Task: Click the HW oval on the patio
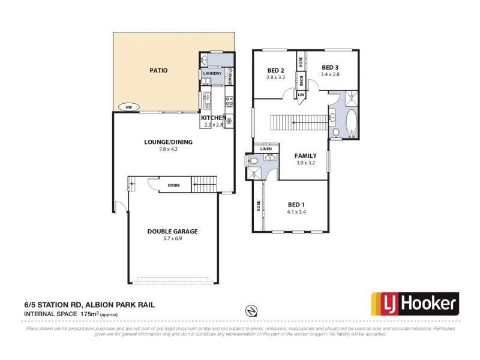[x=128, y=107]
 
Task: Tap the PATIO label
[x=158, y=70]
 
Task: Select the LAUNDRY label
[x=212, y=73]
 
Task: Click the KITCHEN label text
[x=213, y=118]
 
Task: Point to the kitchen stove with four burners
[x=228, y=100]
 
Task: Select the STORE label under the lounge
[x=173, y=185]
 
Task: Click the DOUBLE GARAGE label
[x=172, y=231]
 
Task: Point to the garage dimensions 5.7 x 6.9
[x=172, y=239]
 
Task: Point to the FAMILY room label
[x=305, y=155]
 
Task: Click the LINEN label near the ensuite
[x=266, y=149]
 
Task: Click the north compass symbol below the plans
[x=252, y=310]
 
